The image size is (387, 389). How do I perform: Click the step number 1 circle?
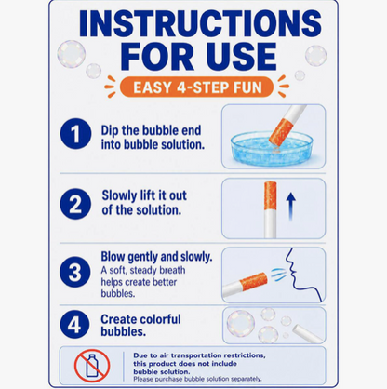[75, 134]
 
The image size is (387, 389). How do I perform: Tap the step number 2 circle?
[75, 204]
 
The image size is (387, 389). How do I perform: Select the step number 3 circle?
[75, 273]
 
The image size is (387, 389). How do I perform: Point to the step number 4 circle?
[74, 324]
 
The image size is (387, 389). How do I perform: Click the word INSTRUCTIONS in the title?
[200, 23]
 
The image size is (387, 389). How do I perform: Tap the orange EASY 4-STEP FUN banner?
[196, 87]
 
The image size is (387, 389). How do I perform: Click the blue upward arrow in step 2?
[290, 207]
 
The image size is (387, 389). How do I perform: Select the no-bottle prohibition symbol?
[92, 366]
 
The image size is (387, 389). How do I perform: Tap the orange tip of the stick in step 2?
[271, 195]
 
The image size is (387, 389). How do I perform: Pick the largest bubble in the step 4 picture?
[241, 323]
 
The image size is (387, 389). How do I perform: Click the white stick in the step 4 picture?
[308, 333]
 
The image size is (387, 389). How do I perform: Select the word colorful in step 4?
[160, 319]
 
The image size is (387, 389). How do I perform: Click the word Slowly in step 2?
[119, 195]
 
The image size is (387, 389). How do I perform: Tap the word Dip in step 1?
[110, 131]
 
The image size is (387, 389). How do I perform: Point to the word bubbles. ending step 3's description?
[118, 293]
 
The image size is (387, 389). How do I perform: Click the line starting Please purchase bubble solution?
[197, 379]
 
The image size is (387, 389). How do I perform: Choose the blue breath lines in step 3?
[277, 275]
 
